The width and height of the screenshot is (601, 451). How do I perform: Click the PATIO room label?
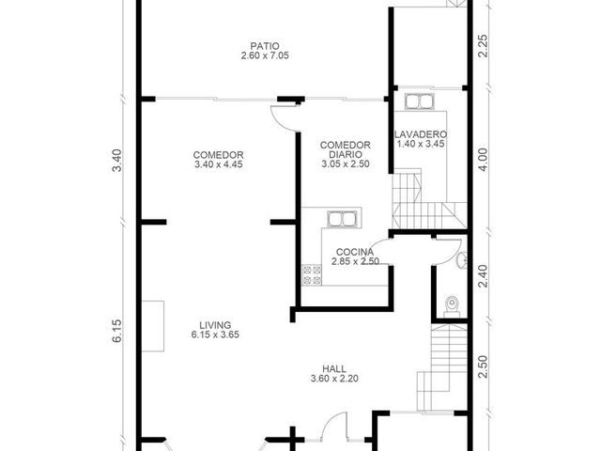[265, 46]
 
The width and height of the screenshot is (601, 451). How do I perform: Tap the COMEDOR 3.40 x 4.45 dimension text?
[219, 164]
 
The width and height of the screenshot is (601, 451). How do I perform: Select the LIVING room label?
[215, 325]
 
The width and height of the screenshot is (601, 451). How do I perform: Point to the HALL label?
[334, 369]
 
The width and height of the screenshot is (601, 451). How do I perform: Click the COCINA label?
[355, 252]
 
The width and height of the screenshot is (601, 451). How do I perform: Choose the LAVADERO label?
[421, 134]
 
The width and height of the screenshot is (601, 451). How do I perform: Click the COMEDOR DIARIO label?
[346, 149]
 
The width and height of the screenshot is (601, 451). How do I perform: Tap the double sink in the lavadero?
[420, 101]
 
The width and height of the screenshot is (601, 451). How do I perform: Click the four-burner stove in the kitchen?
[312, 275]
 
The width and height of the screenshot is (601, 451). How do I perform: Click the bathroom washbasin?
[463, 261]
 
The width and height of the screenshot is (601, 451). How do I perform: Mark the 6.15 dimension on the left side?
[116, 331]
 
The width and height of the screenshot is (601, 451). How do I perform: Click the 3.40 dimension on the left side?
[116, 161]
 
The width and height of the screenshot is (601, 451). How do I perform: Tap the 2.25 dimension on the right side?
[483, 46]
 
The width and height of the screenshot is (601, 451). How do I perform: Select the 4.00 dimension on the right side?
[483, 160]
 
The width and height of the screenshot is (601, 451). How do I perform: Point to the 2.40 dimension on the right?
[483, 276]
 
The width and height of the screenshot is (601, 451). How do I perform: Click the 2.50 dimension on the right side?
[483, 367]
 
